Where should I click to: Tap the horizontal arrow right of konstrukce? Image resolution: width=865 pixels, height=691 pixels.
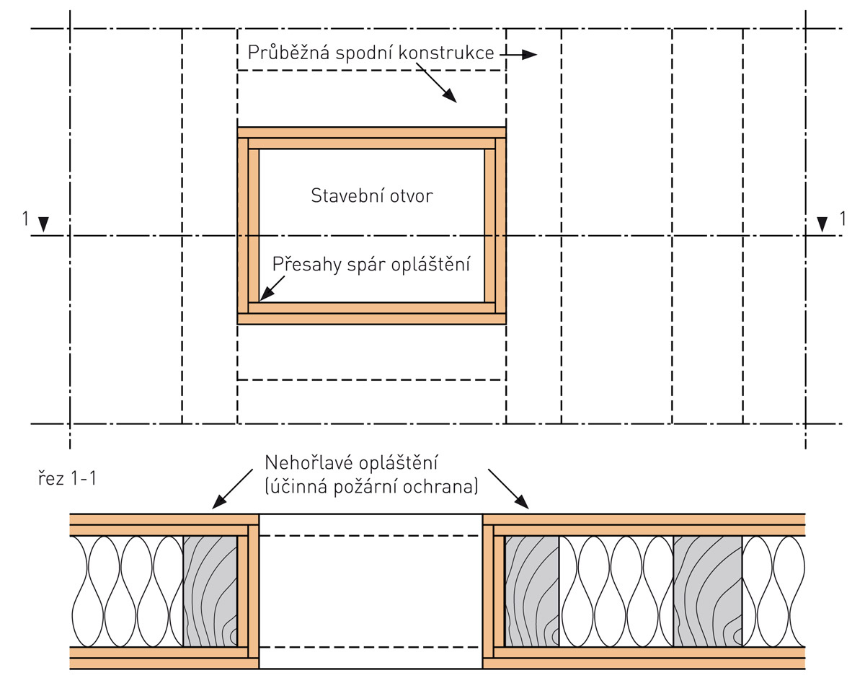pyautogui.click(x=519, y=54)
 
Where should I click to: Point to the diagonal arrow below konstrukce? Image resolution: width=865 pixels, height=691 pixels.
pyautogui.click(x=437, y=82)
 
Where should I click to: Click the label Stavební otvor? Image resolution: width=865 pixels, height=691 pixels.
pyautogui.click(x=372, y=195)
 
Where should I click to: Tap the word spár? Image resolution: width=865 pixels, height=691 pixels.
pyautogui.click(x=364, y=265)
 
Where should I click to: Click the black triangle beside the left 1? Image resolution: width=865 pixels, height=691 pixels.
pyautogui.click(x=44, y=225)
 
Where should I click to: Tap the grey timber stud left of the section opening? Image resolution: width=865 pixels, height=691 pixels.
pyautogui.click(x=210, y=591)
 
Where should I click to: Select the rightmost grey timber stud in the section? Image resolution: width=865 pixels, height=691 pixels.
pyautogui.click(x=707, y=591)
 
